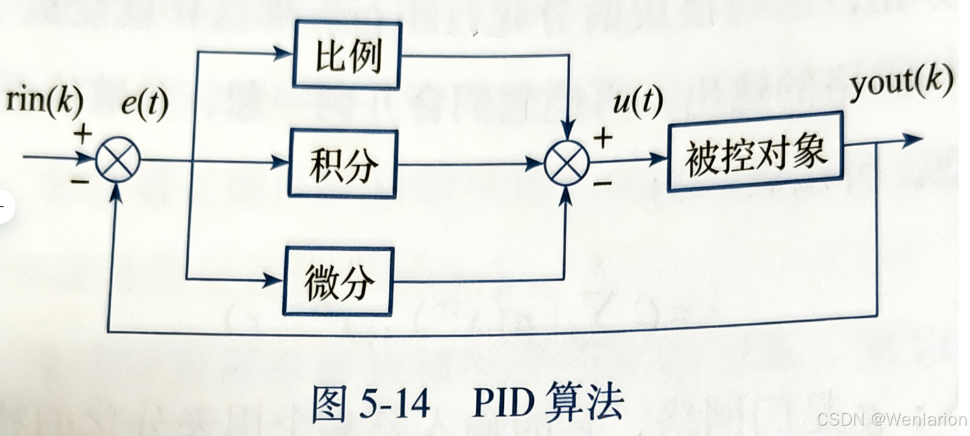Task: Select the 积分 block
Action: point(343,164)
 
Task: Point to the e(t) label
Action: point(144,105)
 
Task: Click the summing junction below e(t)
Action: point(118,160)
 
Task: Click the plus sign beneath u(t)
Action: point(603,138)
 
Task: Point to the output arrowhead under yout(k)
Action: point(913,140)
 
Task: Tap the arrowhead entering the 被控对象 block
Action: point(659,159)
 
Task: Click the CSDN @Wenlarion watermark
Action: point(891,419)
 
